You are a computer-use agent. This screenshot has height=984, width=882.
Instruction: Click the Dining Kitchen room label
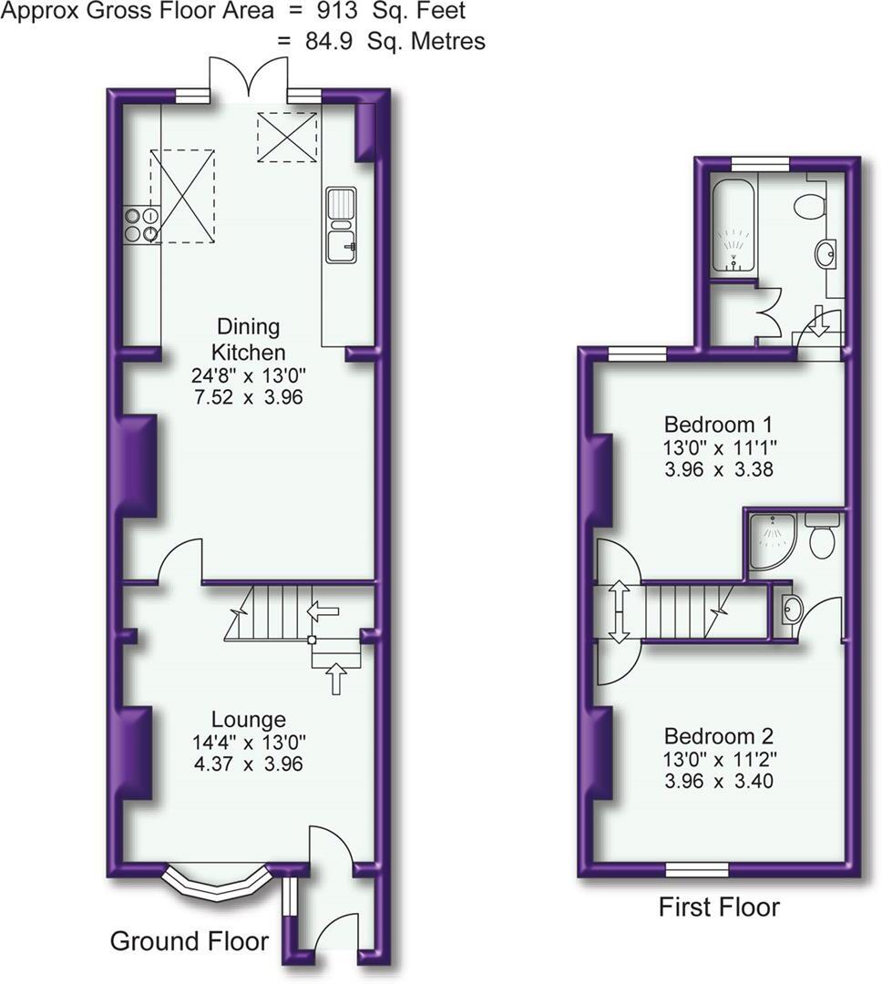tap(248, 339)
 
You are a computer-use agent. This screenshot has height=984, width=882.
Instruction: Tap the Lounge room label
tap(248, 720)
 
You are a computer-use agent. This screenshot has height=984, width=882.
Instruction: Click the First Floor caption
tap(719, 907)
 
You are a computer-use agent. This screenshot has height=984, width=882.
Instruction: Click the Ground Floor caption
tap(190, 941)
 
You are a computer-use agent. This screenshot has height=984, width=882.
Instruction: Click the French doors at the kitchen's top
tap(247, 77)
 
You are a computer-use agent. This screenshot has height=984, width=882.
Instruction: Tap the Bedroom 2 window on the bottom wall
tap(696, 869)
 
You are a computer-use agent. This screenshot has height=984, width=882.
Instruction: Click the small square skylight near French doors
tap(287, 138)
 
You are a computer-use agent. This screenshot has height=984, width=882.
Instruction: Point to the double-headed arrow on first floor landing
tap(619, 611)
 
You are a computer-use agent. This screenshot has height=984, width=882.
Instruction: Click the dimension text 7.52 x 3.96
tap(248, 397)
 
